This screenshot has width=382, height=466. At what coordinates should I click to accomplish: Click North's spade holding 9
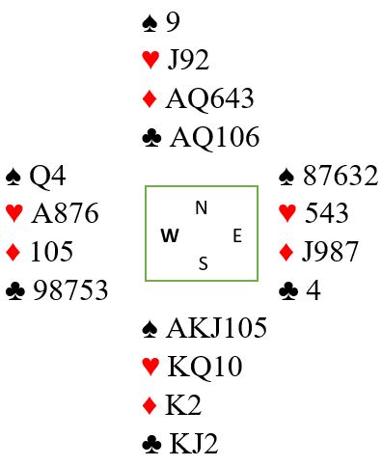coord(173,22)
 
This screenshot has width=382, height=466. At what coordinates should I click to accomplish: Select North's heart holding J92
coord(188,60)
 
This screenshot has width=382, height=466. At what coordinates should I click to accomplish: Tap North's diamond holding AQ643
coord(209,98)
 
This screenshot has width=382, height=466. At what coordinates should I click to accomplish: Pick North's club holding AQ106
coord(214,137)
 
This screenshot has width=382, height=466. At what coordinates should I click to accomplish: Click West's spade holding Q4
coord(47,177)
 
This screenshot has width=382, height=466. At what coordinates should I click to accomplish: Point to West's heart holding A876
coord(65,213)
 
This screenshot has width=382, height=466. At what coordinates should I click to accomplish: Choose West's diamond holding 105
coord(52,251)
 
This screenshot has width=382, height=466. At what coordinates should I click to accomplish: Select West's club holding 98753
coord(70,289)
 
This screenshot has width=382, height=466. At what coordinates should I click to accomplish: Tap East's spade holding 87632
coord(341,176)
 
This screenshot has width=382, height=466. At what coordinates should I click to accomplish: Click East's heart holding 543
coord(326,213)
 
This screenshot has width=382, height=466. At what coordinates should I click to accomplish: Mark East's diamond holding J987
coord(330,252)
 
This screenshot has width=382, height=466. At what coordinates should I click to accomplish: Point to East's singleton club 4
coord(314,290)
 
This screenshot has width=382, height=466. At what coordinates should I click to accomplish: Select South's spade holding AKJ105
coord(216,328)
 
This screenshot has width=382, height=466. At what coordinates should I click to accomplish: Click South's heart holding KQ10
coord(205,367)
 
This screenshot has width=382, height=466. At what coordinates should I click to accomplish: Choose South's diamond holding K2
coord(183,404)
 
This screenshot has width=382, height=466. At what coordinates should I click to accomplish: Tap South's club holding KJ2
coord(194,444)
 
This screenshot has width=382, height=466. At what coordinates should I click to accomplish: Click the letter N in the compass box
coord(202,207)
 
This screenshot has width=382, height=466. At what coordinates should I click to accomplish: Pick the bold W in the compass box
coord(170,235)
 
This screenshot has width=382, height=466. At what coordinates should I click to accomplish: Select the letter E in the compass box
coord(237,235)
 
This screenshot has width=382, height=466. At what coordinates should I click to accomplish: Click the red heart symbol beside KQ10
coord(150,367)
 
